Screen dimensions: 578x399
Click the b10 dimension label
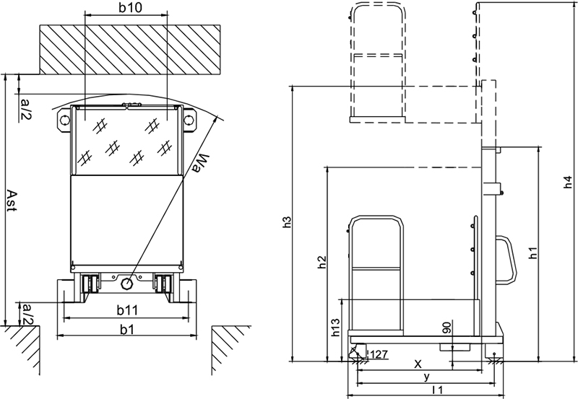click(x=130, y=7)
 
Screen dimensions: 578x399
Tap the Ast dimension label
click(x=12, y=201)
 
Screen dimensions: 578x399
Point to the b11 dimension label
click(x=127, y=310)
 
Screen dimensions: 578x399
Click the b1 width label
click(x=127, y=330)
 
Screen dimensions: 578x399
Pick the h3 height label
click(x=287, y=222)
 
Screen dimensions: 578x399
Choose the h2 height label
click(x=322, y=262)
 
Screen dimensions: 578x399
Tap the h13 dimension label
click(x=335, y=328)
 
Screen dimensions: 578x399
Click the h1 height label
click(x=533, y=253)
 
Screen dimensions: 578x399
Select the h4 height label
click(x=568, y=183)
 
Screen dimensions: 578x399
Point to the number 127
click(x=379, y=354)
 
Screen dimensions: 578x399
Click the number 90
click(x=447, y=328)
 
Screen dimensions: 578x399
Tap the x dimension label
click(x=418, y=364)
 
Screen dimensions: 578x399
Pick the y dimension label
click(x=426, y=377)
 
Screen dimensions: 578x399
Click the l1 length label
click(x=438, y=390)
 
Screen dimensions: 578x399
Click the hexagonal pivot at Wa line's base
click(x=127, y=284)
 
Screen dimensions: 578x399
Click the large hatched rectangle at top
click(x=130, y=50)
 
